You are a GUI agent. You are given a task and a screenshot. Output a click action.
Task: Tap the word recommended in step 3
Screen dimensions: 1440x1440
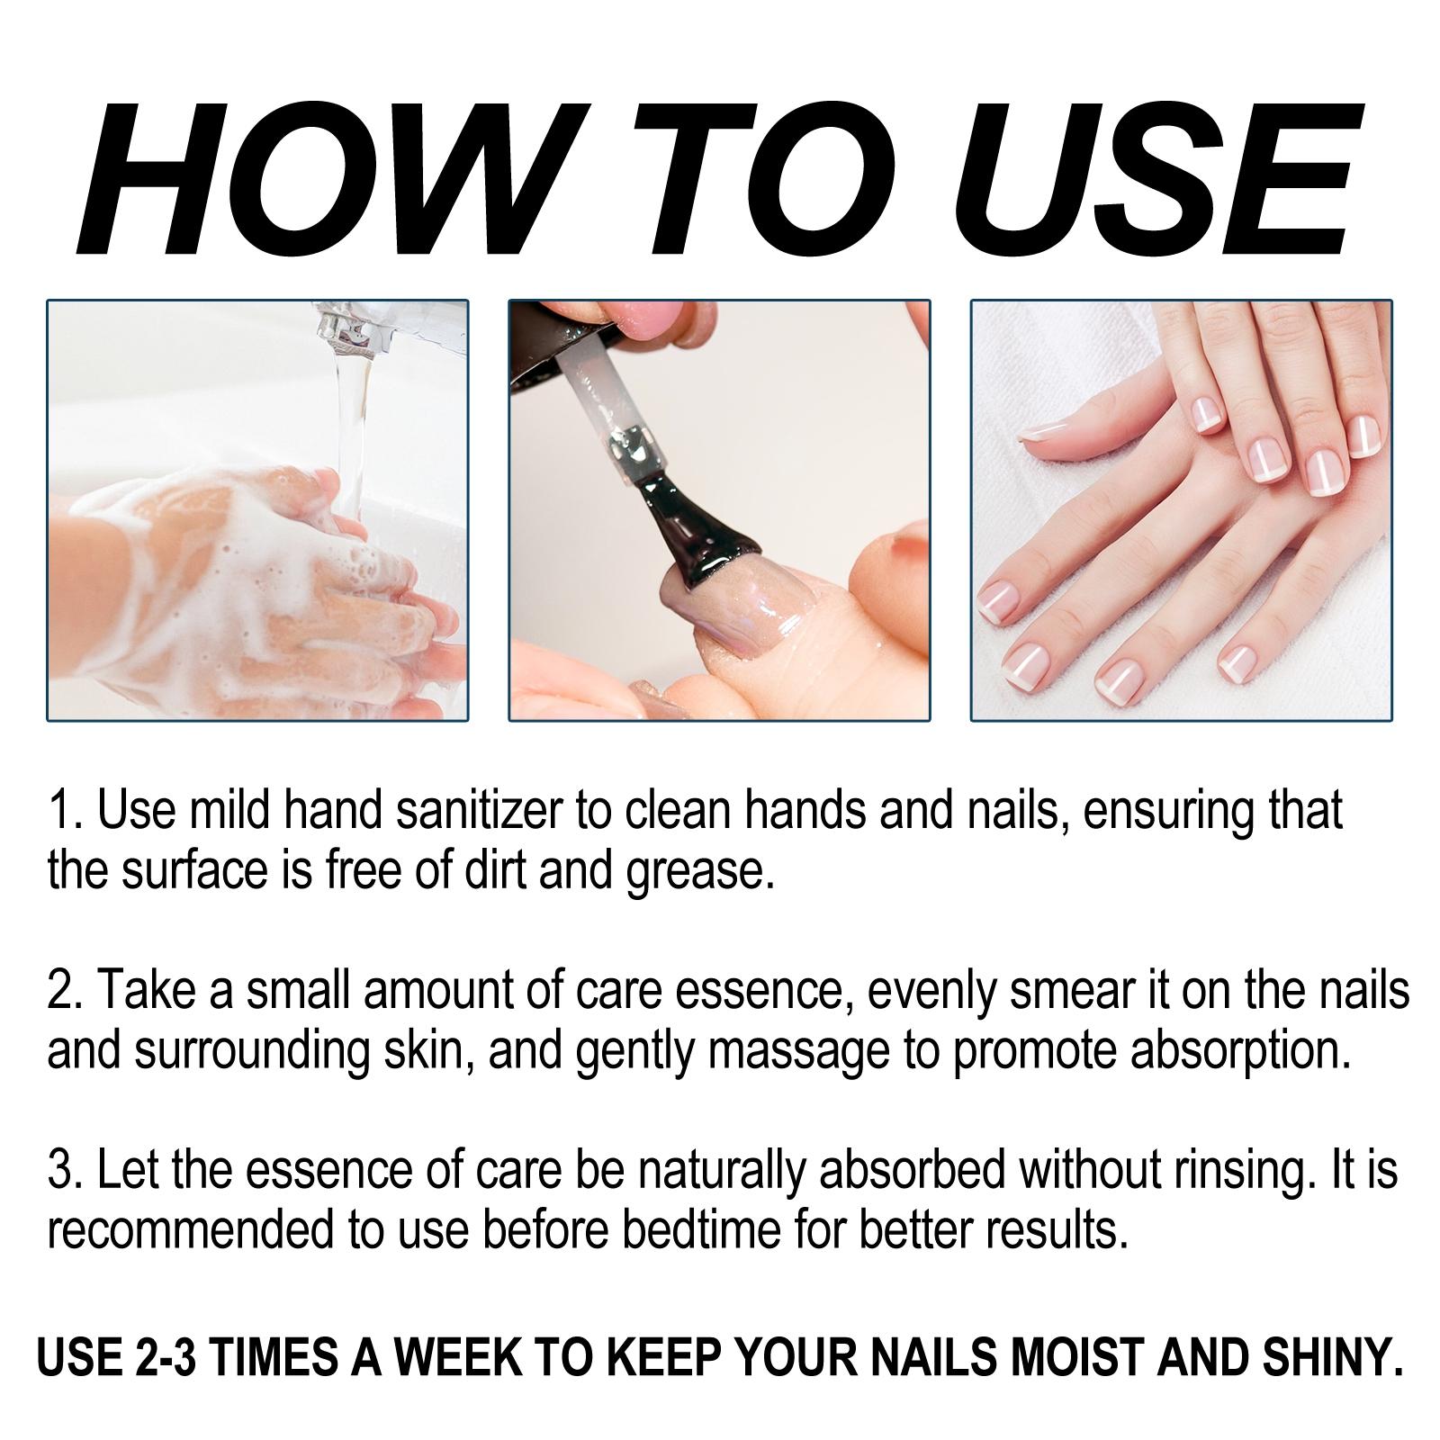coord(188,1231)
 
